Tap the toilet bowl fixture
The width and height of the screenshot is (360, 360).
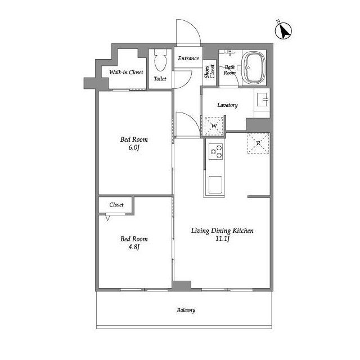[x=160, y=60]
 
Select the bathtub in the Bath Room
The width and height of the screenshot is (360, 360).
[x=254, y=67]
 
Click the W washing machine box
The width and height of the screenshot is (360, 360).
[x=214, y=126]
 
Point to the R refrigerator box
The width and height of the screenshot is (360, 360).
[x=258, y=143]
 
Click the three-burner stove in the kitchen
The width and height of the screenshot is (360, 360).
[x=216, y=151]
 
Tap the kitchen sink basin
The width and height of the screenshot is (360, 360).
[x=215, y=185]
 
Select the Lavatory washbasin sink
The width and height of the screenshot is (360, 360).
[x=262, y=100]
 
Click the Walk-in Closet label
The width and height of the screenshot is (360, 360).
[x=126, y=73]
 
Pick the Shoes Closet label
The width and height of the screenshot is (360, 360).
[x=210, y=71]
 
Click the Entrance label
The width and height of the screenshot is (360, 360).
[x=188, y=58]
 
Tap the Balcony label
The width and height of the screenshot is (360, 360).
[x=186, y=310]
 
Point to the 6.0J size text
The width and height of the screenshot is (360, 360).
[x=134, y=147]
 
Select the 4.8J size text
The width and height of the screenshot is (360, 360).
[x=134, y=247]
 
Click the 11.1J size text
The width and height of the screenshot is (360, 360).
[x=223, y=238]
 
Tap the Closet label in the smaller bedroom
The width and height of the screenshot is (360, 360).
[x=116, y=205]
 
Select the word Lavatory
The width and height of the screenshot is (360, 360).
[x=227, y=105]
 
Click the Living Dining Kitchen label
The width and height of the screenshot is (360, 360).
[x=223, y=231]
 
